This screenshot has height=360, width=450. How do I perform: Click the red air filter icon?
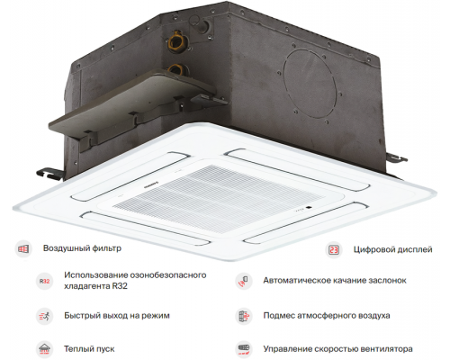[x=23, y=248]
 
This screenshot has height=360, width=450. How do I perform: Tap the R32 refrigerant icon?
[x=44, y=281]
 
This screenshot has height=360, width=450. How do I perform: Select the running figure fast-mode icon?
[x=44, y=316]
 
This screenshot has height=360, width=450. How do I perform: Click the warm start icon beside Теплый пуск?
[x=44, y=349]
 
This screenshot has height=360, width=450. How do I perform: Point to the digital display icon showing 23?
[x=334, y=249]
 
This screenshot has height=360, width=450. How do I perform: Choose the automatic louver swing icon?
[x=244, y=281]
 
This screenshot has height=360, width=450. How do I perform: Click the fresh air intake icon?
[x=244, y=316]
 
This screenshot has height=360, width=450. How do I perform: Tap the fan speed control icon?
[x=244, y=349]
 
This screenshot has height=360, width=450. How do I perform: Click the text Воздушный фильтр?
[x=82, y=248]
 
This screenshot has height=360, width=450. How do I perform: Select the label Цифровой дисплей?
[x=392, y=249]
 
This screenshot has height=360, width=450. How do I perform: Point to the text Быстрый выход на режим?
[x=117, y=316]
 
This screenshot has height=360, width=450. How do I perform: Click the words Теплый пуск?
[x=89, y=349]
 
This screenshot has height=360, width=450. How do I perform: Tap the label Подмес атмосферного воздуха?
[x=327, y=316]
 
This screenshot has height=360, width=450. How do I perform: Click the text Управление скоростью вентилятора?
[x=337, y=349]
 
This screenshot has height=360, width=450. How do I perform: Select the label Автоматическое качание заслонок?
[x=335, y=281]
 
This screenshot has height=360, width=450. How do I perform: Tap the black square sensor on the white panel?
[x=309, y=207]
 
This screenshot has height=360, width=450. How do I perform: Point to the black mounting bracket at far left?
[x=50, y=174]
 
